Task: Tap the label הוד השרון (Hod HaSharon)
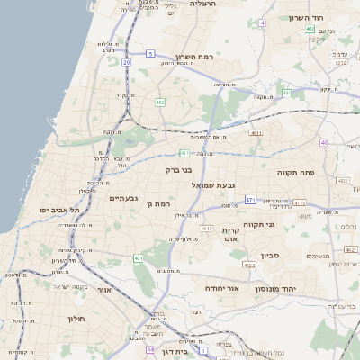[306, 18]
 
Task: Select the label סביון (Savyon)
[271, 256]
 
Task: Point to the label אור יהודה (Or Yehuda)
[220, 289]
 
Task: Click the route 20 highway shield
[127, 62]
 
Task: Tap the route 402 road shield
[310, 29]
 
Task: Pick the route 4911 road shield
[257, 133]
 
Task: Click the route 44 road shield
[150, 349]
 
